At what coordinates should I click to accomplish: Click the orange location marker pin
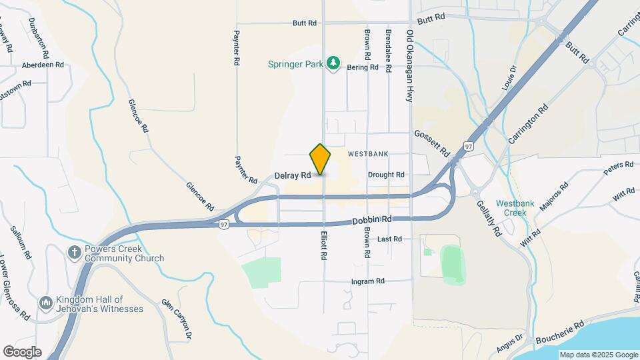coord(320,159)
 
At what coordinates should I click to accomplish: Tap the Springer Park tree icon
coord(334,64)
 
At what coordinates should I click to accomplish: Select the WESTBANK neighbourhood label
coord(367,154)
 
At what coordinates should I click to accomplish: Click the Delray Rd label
coord(293,175)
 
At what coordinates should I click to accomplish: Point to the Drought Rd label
coord(386,175)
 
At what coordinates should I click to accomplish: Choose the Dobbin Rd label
coord(372,219)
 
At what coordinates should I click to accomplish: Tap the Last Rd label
coord(389,239)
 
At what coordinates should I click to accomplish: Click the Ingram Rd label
coord(368,281)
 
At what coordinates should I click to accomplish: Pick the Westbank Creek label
coord(511,208)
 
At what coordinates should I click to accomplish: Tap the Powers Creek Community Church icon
coord(75,253)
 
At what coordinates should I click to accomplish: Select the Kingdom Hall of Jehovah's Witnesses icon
coord(46,304)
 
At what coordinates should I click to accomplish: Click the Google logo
coord(22,352)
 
